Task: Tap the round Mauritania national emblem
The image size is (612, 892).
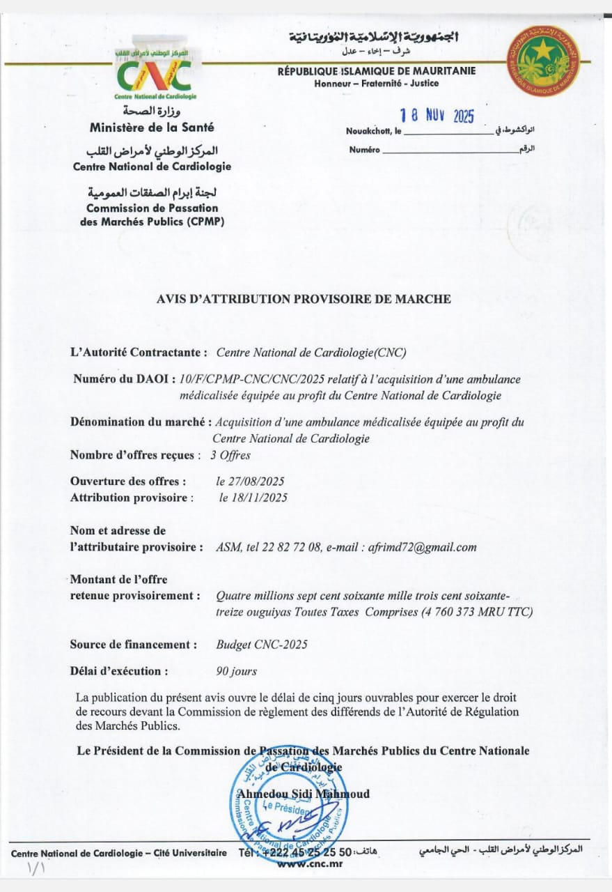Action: pos(543,61)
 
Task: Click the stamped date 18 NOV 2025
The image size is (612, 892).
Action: pos(437,116)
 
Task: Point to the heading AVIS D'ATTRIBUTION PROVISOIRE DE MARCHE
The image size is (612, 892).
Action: pos(304,299)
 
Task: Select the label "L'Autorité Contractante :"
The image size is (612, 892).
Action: pos(139,353)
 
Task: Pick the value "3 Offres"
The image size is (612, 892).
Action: pos(230,455)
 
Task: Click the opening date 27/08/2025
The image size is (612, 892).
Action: pos(251,481)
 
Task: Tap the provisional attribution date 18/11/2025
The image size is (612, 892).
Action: pos(253,498)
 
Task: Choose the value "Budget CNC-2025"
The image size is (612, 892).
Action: pos(262,645)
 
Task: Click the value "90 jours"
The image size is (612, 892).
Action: pos(237,671)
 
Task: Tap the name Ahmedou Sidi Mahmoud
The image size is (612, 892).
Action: pos(303,794)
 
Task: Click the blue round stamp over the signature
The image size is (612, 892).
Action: pos(288,812)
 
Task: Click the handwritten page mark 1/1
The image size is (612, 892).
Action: pos(34,869)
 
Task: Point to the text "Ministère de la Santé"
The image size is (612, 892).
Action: pos(152,128)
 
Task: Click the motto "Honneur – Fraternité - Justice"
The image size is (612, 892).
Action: pos(377,84)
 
